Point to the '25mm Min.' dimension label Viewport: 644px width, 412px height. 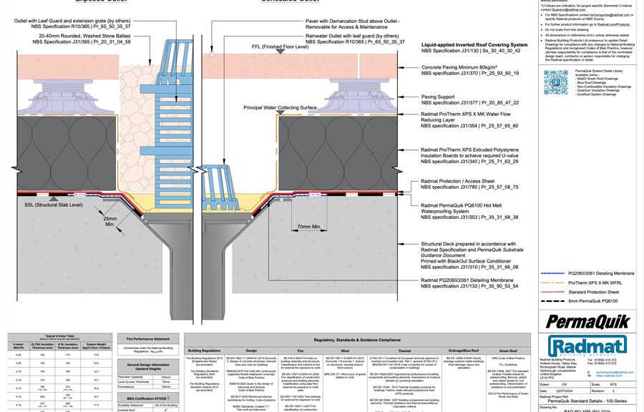[x=110, y=221]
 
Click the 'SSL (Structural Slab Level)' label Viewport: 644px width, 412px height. [x=53, y=205]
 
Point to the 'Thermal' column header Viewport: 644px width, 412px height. [x=404, y=351]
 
